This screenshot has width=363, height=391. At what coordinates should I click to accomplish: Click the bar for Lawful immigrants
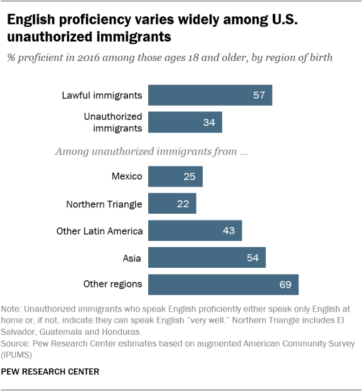coord(210,95)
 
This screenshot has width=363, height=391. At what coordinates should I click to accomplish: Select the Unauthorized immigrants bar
coord(185,122)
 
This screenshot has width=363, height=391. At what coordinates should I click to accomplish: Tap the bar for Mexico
coord(175,176)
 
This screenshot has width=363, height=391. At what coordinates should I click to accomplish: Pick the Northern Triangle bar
coord(172,203)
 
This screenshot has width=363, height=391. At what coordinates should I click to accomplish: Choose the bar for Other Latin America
coord(195,231)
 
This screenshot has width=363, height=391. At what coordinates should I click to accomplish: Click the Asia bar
coord(207,257)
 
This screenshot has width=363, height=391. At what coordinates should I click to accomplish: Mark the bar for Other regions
coord(223,284)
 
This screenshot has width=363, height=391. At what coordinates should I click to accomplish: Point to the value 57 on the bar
coord(259,95)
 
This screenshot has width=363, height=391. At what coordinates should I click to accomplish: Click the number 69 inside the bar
coord(285,284)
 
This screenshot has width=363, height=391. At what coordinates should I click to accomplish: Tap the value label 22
coord(183,203)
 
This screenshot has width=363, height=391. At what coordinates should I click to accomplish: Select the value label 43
coord(229,231)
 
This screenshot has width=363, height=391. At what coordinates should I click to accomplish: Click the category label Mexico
coord(127,176)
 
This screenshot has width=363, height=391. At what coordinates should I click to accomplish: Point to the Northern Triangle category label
coord(104,203)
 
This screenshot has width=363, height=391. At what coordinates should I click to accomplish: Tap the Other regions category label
coord(112,284)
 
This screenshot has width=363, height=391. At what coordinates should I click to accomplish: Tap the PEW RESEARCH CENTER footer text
coord(51,372)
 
